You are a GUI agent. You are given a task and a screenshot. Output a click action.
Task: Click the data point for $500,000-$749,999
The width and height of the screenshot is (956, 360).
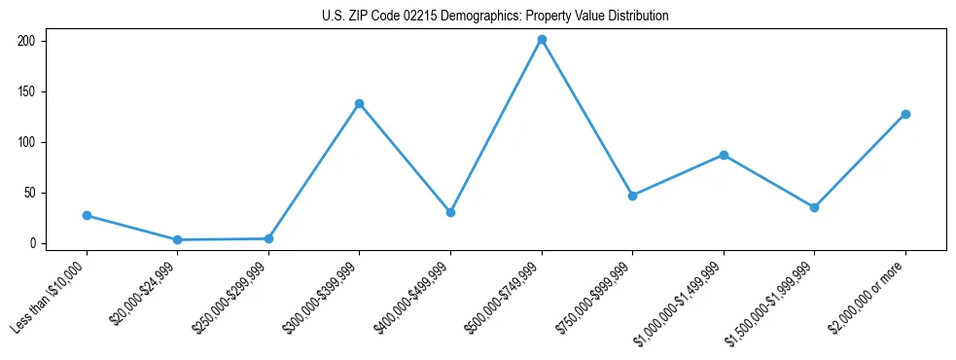point(542,40)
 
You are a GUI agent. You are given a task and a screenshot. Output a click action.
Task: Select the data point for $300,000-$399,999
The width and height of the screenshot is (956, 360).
point(359,103)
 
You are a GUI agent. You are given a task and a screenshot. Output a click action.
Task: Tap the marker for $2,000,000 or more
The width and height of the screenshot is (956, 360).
point(905,114)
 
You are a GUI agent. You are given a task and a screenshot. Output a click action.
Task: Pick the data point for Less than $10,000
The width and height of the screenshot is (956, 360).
point(87,215)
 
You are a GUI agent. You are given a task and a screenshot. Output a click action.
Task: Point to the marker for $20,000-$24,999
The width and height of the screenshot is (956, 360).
point(177,239)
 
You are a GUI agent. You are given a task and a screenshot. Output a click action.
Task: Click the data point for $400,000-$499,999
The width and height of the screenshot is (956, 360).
point(450,212)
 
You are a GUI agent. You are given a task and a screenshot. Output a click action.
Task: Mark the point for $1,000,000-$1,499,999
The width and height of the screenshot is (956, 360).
point(724,155)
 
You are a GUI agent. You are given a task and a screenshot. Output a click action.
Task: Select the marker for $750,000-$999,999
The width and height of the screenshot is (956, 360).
point(632,196)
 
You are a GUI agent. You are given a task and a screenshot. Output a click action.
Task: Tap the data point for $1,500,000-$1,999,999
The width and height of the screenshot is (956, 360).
point(814,207)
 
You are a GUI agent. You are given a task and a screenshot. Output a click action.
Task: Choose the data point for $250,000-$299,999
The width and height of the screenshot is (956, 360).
point(268,238)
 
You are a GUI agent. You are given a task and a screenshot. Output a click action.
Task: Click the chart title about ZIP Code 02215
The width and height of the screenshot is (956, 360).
point(495,17)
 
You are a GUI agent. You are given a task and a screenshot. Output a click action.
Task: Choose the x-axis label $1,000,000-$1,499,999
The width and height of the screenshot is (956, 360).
point(678,303)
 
